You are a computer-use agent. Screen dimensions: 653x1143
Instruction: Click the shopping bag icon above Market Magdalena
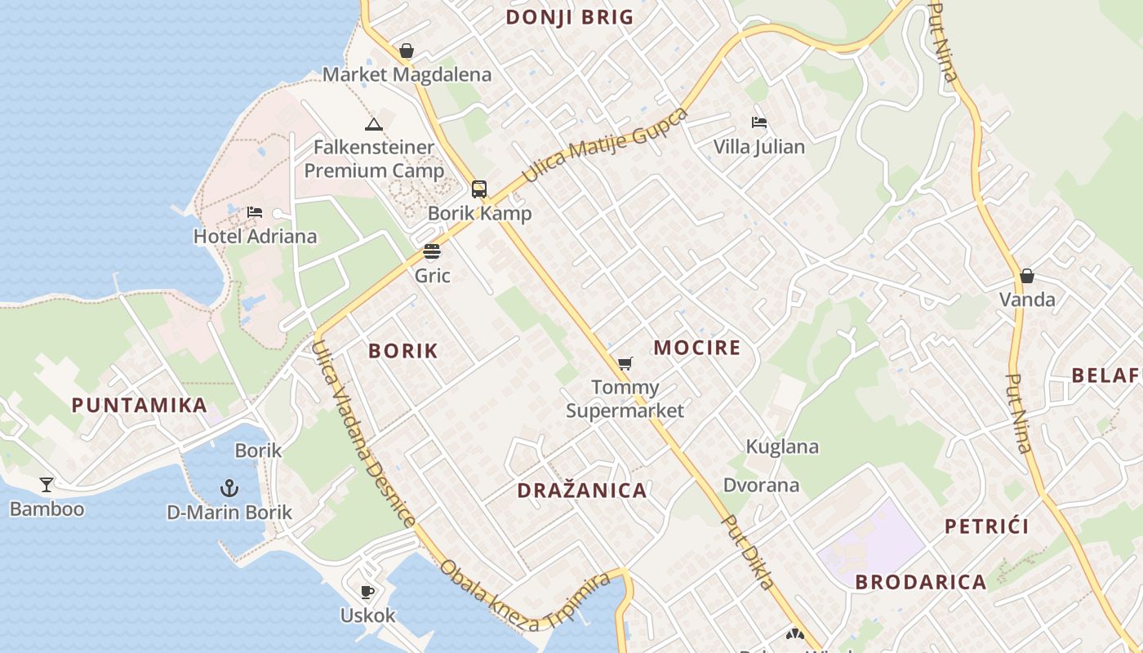pyautogui.click(x=407, y=51)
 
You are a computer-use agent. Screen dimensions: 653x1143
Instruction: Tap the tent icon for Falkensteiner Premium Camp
pyautogui.click(x=374, y=124)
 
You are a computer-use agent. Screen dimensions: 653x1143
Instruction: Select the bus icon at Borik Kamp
pyautogui.click(x=479, y=189)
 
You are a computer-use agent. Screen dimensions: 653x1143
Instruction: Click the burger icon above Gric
pyautogui.click(x=432, y=251)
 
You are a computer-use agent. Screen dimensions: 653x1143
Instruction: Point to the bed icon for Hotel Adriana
pyautogui.click(x=255, y=212)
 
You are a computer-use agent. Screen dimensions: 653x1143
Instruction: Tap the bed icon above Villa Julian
pyautogui.click(x=759, y=122)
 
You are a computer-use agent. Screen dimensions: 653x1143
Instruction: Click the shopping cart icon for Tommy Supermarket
pyautogui.click(x=625, y=363)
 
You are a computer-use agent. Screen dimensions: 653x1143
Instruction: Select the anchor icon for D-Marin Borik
pyautogui.click(x=229, y=489)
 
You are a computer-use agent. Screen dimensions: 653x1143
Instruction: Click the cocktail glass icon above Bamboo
pyautogui.click(x=47, y=485)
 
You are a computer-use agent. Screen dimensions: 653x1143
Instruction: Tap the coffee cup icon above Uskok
pyautogui.click(x=367, y=592)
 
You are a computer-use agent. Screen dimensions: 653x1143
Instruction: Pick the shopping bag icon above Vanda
pyautogui.click(x=1027, y=276)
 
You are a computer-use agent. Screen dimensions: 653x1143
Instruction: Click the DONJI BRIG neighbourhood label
pyautogui.click(x=569, y=17)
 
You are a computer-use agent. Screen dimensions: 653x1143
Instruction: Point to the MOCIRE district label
pyautogui.click(x=697, y=348)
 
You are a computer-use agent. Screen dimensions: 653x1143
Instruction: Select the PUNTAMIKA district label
pyautogui.click(x=139, y=405)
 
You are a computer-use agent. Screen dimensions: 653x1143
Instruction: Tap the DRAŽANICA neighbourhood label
pyautogui.click(x=582, y=491)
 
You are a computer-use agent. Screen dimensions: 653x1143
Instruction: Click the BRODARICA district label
pyautogui.click(x=921, y=582)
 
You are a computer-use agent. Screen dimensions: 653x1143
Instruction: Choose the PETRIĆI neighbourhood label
pyautogui.click(x=987, y=526)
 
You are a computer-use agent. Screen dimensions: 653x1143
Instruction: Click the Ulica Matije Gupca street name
pyautogui.click(x=605, y=144)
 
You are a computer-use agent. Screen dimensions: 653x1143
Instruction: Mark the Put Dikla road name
pyautogui.click(x=748, y=553)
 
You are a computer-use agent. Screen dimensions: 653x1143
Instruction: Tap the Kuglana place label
pyautogui.click(x=782, y=446)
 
